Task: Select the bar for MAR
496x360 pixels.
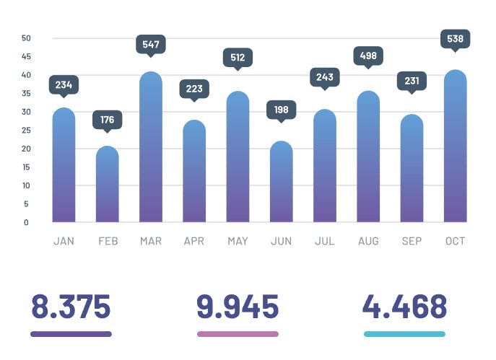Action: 151,148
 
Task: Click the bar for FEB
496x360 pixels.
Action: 108,185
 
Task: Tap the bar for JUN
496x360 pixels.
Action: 282,183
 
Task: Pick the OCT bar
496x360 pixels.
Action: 456,146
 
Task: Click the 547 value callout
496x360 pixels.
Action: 151,44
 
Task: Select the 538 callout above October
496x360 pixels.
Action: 456,38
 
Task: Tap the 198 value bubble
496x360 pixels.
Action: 282,110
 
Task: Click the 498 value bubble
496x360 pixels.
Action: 368,56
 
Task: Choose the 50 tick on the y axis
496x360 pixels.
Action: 26,38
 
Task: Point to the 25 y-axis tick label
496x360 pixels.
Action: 26,131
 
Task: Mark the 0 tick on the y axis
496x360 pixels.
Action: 26,222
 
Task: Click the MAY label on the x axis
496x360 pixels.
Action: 238,241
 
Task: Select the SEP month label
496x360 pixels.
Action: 412,241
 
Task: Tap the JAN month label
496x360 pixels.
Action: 64,241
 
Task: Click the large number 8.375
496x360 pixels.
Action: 71,307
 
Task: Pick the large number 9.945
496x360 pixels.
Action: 238,307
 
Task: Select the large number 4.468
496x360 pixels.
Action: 404,307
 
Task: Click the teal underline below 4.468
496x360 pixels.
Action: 404,334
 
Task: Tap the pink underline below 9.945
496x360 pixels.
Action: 238,334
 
